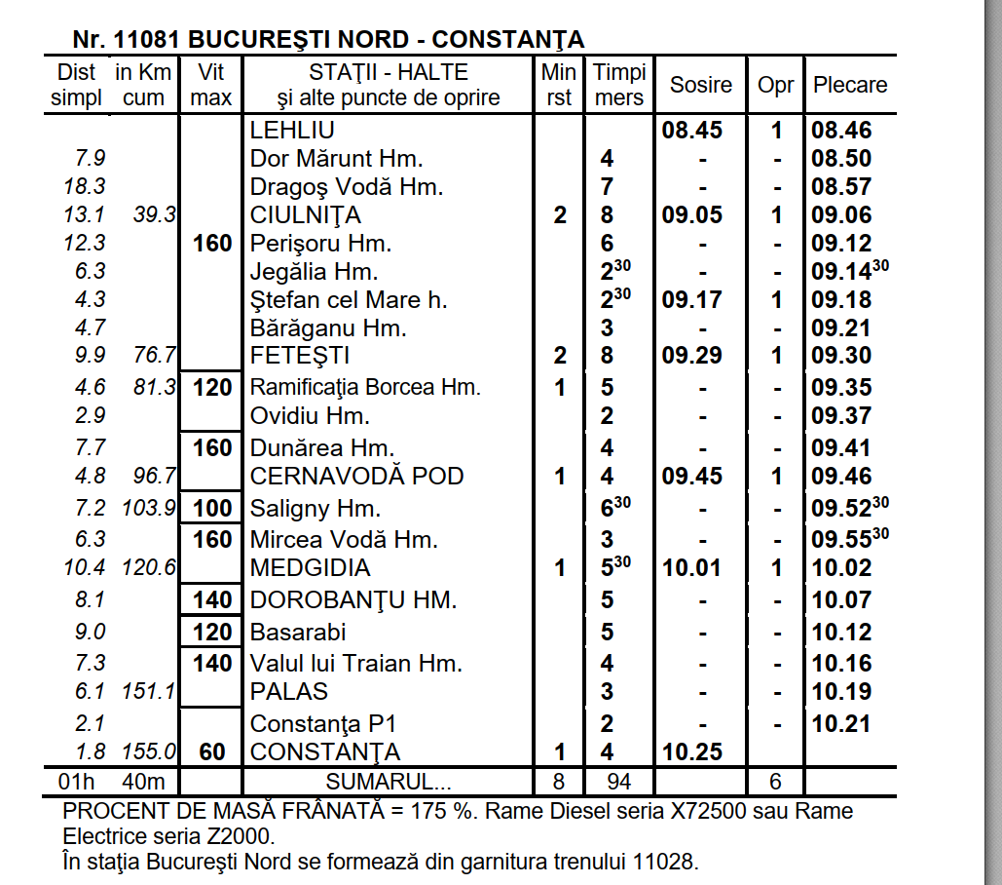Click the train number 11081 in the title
[146, 40]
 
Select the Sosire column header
[700, 85]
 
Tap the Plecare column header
[850, 85]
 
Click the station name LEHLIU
[292, 131]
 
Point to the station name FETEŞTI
[300, 356]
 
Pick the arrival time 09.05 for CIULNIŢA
[692, 215]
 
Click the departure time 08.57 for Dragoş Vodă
[841, 187]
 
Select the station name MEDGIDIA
[311, 568]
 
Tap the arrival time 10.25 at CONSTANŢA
[692, 752]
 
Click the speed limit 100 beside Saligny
[212, 508]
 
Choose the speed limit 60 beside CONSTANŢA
[212, 752]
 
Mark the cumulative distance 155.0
[149, 752]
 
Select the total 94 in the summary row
[618, 782]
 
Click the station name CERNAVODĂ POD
[356, 477]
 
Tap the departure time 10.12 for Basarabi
[841, 633]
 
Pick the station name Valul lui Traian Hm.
[355, 664]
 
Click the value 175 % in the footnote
[444, 811]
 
